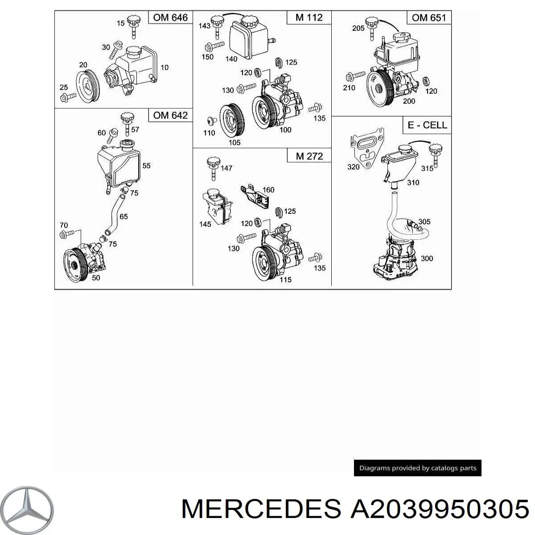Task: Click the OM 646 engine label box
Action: pyautogui.click(x=170, y=18)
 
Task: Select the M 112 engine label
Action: pyautogui.click(x=309, y=18)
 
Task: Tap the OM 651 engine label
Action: pyautogui.click(x=428, y=18)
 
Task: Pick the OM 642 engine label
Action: pyautogui.click(x=170, y=115)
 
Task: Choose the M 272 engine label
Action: pyautogui.click(x=309, y=156)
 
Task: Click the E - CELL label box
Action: pyautogui.click(x=427, y=125)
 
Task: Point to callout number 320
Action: pyautogui.click(x=353, y=167)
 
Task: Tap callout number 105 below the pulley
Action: pyautogui.click(x=234, y=142)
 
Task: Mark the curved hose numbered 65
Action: pyautogui.click(x=112, y=214)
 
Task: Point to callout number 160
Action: pyautogui.click(x=268, y=189)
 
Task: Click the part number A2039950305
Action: pyautogui.click(x=439, y=509)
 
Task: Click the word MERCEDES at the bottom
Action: pyautogui.click(x=263, y=509)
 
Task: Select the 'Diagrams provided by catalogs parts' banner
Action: pyautogui.click(x=417, y=468)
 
